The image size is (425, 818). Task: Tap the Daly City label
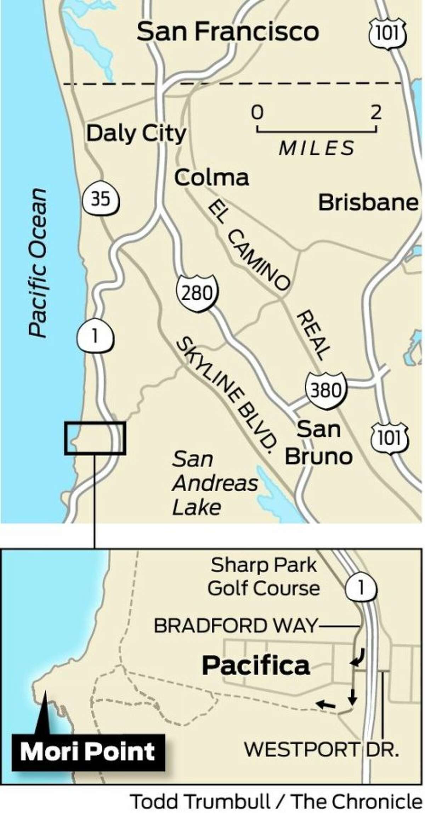point(136,134)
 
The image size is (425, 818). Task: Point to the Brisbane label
point(368,203)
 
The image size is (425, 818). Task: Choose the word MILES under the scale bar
point(316,148)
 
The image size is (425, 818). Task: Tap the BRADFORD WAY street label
point(235,626)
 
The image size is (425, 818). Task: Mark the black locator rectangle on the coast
point(95,438)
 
